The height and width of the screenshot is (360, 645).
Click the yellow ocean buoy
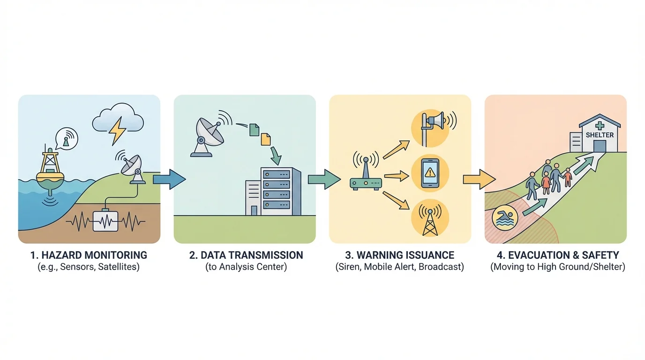[50, 171]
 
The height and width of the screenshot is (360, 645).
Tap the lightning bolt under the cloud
[117, 131]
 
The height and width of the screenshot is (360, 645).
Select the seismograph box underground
[106, 220]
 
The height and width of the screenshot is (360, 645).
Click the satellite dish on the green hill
[133, 167]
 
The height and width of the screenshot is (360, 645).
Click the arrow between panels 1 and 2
[169, 179]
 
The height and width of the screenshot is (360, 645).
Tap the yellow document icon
[265, 139]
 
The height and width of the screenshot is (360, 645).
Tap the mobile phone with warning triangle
[430, 173]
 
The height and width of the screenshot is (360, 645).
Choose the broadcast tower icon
[430, 218]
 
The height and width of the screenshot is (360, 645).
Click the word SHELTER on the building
[600, 135]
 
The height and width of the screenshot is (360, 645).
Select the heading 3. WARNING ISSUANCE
[399, 255]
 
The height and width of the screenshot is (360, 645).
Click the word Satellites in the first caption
[119, 267]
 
